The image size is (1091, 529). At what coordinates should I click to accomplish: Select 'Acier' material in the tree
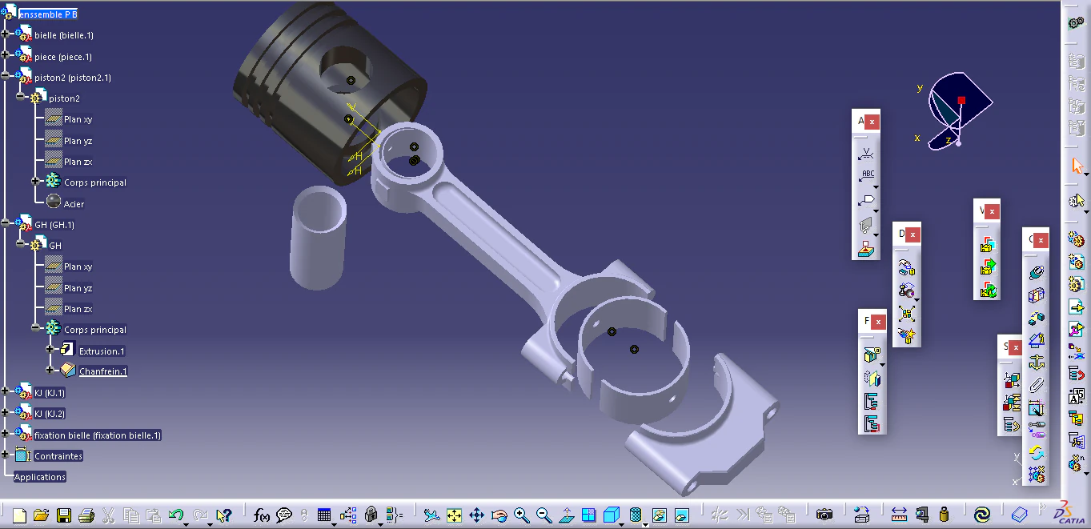tap(74, 204)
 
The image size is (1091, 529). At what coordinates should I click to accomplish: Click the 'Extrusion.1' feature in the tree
tap(102, 351)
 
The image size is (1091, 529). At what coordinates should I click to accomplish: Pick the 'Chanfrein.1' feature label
tap(102, 372)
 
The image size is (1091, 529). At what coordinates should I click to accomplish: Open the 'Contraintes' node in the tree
tap(58, 456)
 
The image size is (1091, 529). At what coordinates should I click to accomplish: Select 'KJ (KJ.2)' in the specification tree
tap(50, 414)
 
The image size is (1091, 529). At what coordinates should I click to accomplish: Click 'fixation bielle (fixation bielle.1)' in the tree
tap(98, 435)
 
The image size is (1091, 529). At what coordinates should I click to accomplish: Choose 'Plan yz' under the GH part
tap(78, 288)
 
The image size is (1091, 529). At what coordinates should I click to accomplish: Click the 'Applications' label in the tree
tap(40, 477)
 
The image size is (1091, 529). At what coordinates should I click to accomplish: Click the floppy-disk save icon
tap(63, 515)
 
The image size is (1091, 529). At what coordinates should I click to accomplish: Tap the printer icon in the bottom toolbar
tap(86, 515)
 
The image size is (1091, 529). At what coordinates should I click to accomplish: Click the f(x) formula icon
tap(262, 515)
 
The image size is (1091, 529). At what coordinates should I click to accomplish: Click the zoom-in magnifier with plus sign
tap(522, 515)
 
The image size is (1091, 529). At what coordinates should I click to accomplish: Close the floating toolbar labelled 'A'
tap(872, 122)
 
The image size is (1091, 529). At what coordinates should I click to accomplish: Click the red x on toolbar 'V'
tap(992, 212)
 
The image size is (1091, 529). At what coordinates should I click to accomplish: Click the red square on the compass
tap(961, 101)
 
